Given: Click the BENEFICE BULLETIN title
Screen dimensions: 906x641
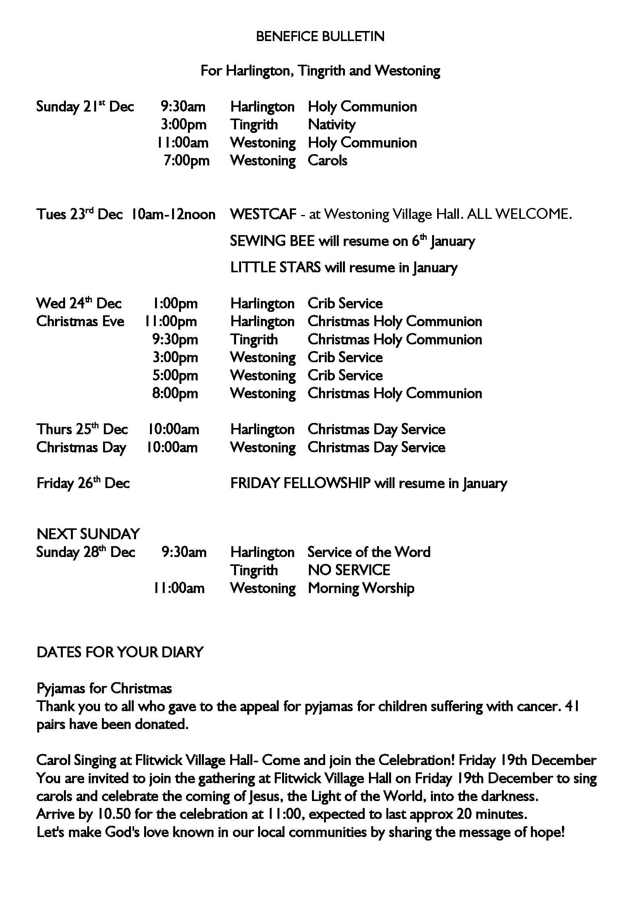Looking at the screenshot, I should tap(320, 37).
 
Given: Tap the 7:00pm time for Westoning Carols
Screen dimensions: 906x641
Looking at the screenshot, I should tap(186, 161).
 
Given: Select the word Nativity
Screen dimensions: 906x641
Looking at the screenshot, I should tap(332, 125).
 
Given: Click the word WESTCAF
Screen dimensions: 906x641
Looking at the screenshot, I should tap(263, 214).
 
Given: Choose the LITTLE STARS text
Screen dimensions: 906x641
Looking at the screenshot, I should tap(275, 268).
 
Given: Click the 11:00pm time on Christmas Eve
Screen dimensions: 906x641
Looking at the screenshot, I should tap(171, 321).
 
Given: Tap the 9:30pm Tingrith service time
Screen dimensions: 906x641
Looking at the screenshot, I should tap(175, 340).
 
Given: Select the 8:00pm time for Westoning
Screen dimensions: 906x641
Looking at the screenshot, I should tap(175, 394).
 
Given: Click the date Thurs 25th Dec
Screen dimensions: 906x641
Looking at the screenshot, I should tap(82, 429).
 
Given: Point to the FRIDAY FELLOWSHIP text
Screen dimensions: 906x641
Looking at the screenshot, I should tap(300, 483).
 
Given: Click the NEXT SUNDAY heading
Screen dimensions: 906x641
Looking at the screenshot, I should tap(88, 534).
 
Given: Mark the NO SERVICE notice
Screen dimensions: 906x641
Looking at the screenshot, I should tap(349, 570).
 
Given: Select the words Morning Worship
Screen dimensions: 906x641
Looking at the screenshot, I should tap(361, 588).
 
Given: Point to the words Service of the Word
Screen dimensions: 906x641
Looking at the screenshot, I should tap(369, 552).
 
